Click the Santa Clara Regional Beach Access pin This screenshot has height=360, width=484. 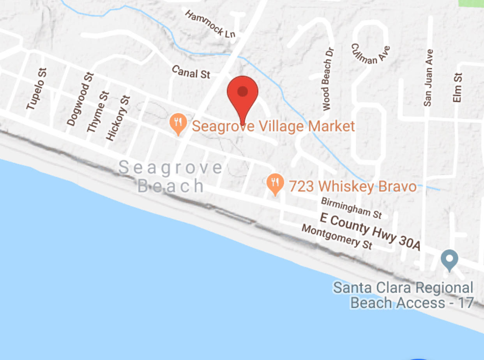pyautogui.click(x=449, y=259)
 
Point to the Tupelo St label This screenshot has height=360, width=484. pyautogui.click(x=37, y=89)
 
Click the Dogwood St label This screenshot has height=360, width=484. pyautogui.click(x=81, y=99)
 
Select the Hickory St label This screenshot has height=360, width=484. pyautogui.click(x=118, y=117)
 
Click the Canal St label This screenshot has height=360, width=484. pyautogui.click(x=191, y=72)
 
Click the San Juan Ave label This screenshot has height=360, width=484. pyautogui.click(x=428, y=78)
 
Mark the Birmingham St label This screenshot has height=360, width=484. pyautogui.click(x=351, y=208)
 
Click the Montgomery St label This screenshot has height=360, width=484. pyautogui.click(x=337, y=237)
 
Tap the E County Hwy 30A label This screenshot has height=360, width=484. pyautogui.click(x=370, y=231)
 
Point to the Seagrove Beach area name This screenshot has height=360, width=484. pyautogui.click(x=171, y=177)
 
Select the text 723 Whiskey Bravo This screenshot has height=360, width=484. pyautogui.click(x=353, y=186)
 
